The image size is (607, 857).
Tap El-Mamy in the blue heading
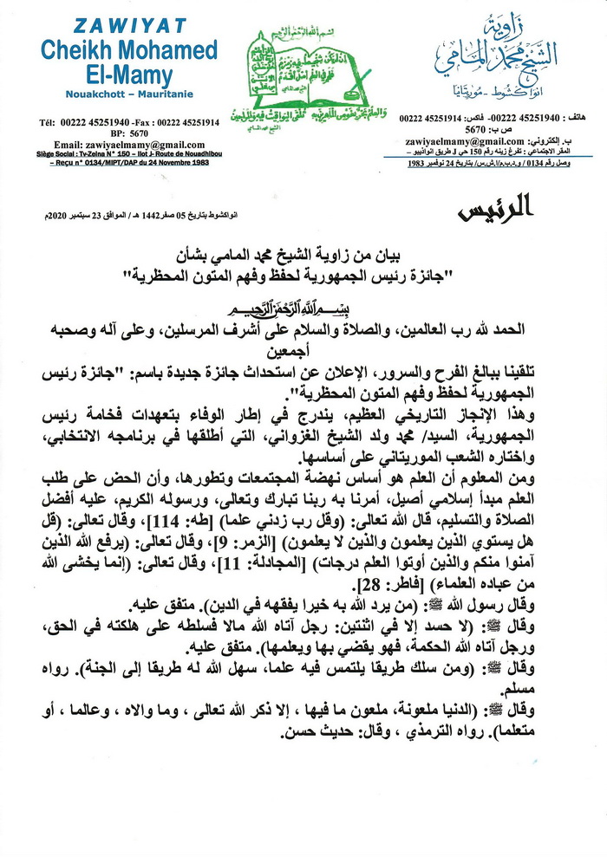(x=119, y=75)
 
